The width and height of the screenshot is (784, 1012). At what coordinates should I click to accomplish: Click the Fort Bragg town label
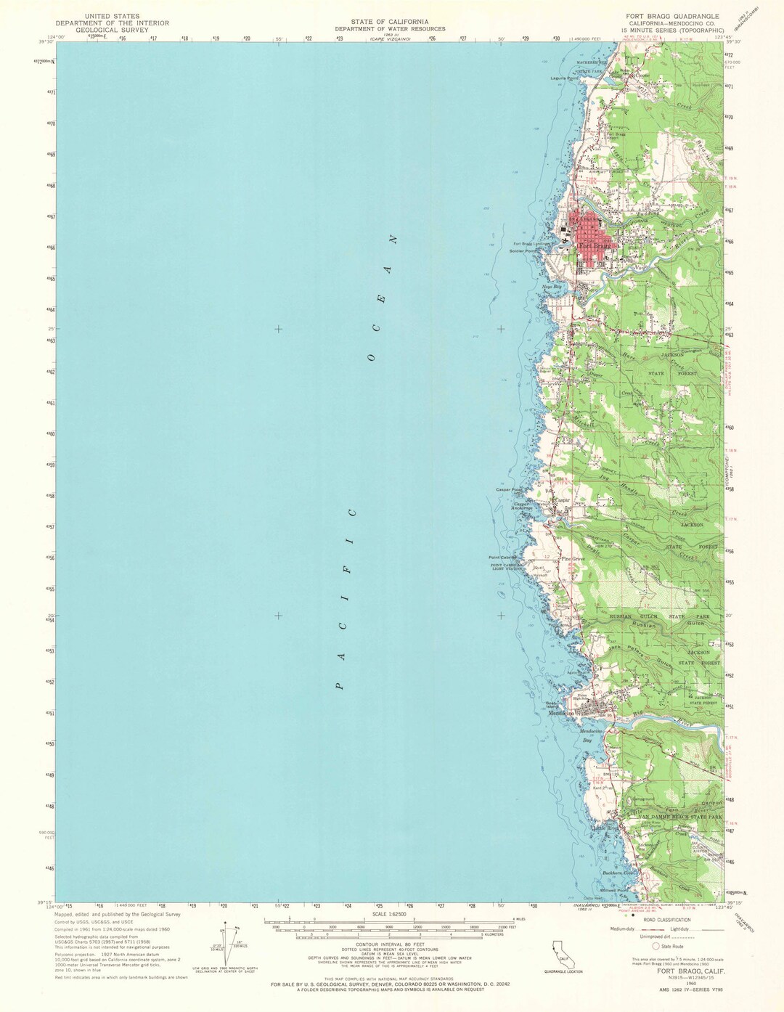(594, 246)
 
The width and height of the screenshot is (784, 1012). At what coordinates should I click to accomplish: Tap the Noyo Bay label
(552, 286)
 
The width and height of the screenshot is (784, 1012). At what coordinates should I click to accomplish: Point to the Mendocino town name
(562, 713)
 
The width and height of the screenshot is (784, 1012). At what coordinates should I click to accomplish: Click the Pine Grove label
(572, 560)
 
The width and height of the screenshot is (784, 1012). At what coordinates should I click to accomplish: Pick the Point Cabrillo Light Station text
(507, 566)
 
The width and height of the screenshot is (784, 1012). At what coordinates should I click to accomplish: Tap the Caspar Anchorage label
(523, 506)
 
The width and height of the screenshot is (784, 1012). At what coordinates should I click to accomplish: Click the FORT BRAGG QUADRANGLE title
(673, 16)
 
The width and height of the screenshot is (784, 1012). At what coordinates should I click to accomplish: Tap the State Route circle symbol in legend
(656, 946)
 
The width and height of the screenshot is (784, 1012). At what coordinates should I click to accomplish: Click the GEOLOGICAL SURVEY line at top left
(112, 30)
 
